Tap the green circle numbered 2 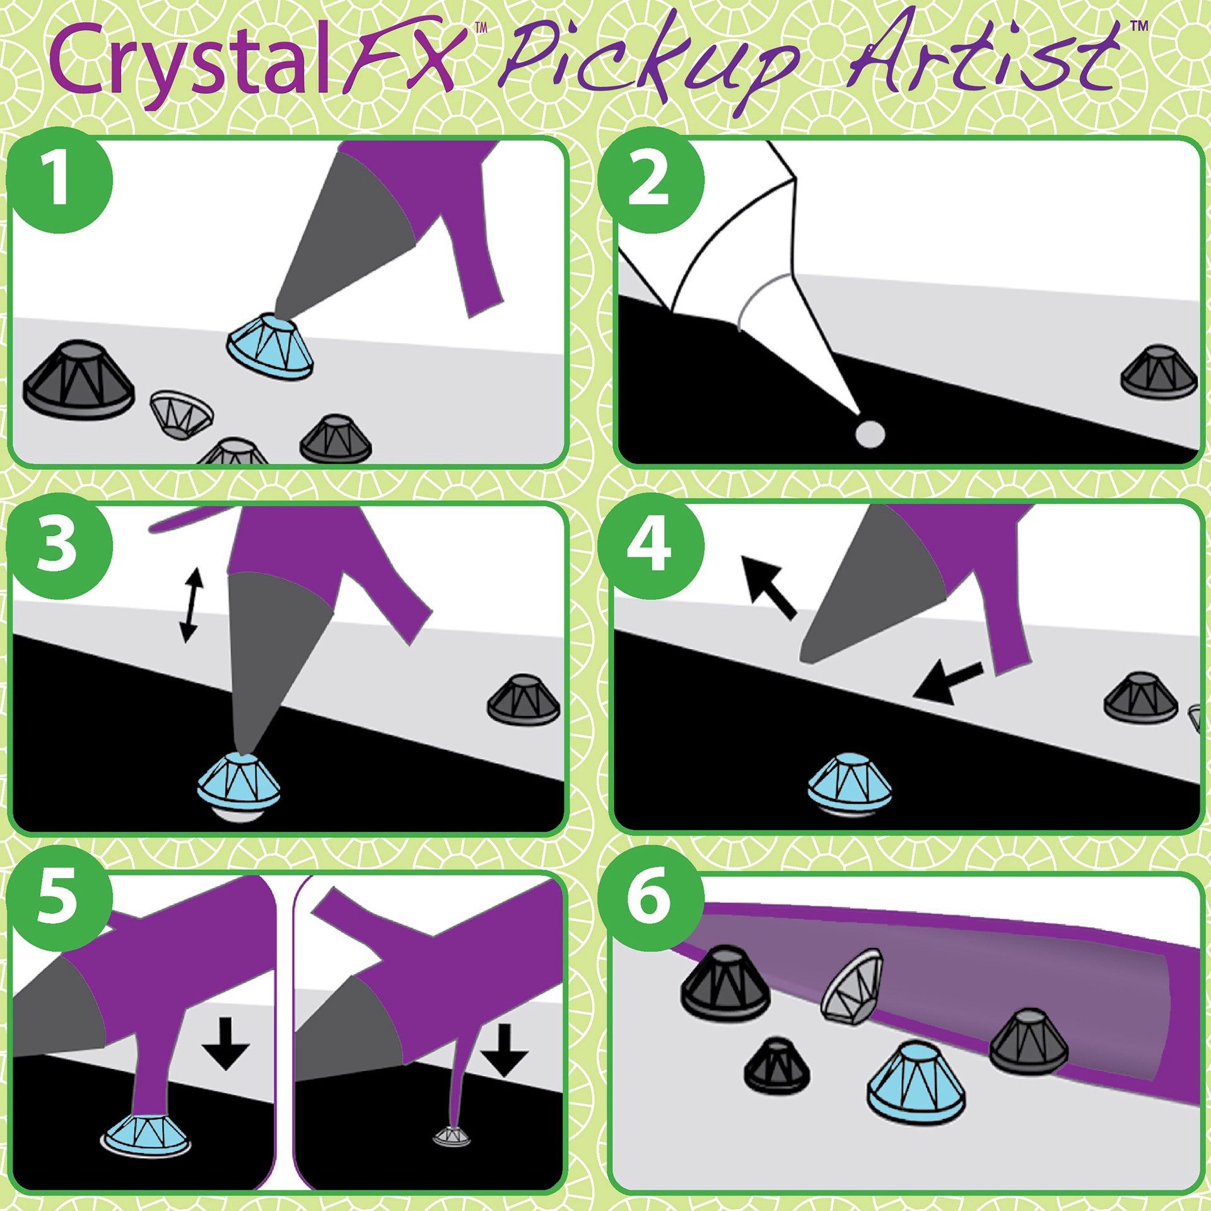pos(650,180)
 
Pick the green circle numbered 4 pos(650,546)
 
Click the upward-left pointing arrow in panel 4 pos(768,587)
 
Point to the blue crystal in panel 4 pos(850,782)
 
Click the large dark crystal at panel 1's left pos(79,380)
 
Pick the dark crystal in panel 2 pos(1159,372)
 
